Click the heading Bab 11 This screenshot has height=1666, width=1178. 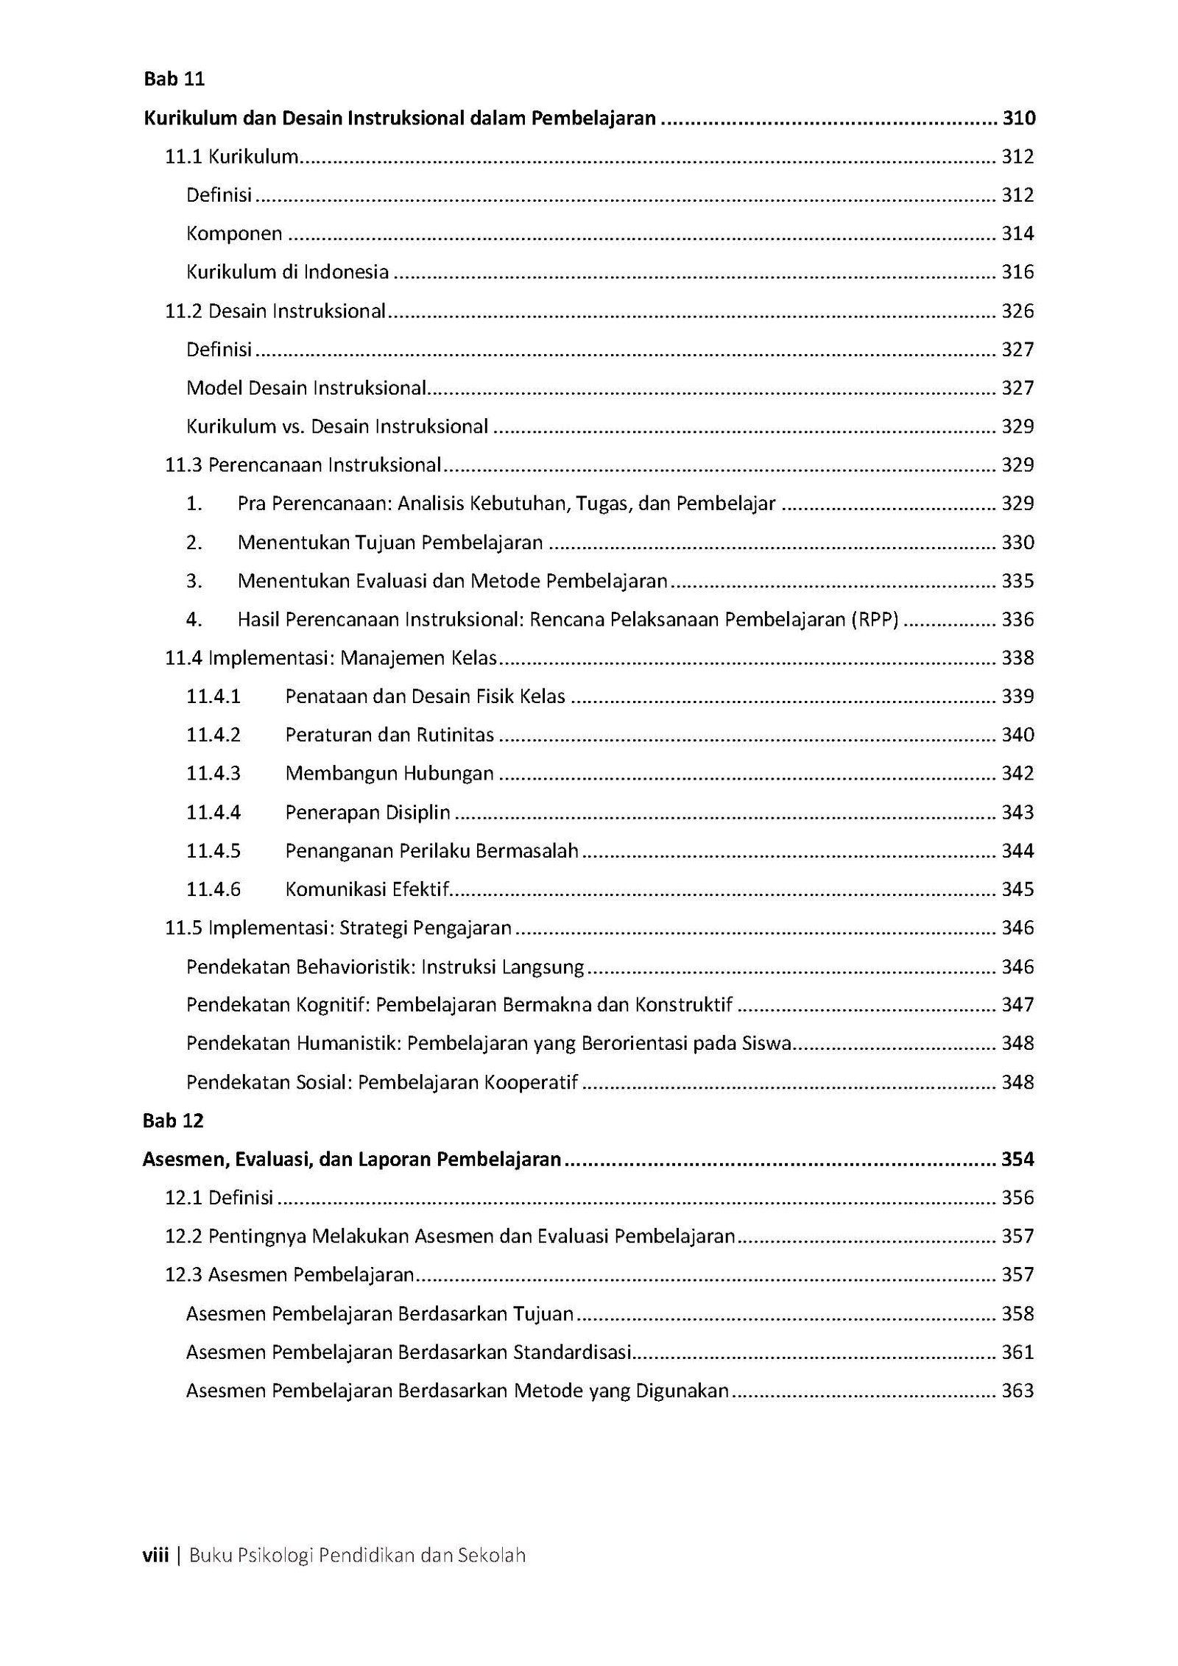pyautogui.click(x=174, y=80)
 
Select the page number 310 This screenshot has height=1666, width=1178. pyautogui.click(x=1018, y=119)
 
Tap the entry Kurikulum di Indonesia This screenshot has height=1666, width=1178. pyautogui.click(x=287, y=272)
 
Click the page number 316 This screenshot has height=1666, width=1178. pyautogui.click(x=1017, y=272)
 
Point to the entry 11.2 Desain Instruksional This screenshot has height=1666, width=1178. pyautogui.click(x=275, y=311)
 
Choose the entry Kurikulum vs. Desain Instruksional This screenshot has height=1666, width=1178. pyautogui.click(x=336, y=427)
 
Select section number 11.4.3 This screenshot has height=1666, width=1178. pyautogui.click(x=214, y=774)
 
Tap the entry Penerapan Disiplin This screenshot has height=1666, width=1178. pyautogui.click(x=367, y=813)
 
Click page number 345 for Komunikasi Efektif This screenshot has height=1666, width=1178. pyautogui.click(x=1017, y=889)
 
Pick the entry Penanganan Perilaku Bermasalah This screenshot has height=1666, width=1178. pyautogui.click(x=431, y=851)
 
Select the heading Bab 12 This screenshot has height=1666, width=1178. pyautogui.click(x=174, y=1121)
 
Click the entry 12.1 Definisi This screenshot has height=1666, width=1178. pyautogui.click(x=219, y=1198)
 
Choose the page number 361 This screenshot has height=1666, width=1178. pyautogui.click(x=1017, y=1352)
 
